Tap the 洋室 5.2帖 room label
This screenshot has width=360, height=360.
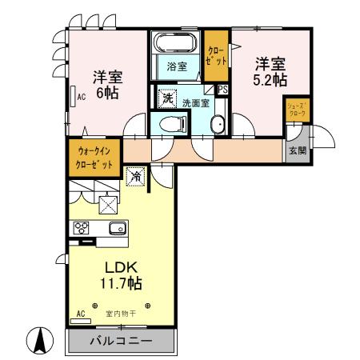(270, 70)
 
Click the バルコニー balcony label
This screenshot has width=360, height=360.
(119, 341)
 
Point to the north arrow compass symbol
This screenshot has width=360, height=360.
(38, 342)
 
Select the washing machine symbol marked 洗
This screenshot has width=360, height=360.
(168, 98)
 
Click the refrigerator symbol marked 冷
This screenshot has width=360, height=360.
(138, 175)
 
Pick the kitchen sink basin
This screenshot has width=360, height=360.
(116, 228)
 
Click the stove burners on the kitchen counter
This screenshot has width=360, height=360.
(82, 227)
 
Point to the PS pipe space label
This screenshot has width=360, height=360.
(223, 90)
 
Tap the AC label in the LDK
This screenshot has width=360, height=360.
(80, 313)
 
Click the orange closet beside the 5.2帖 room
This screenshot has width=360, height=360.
(216, 54)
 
